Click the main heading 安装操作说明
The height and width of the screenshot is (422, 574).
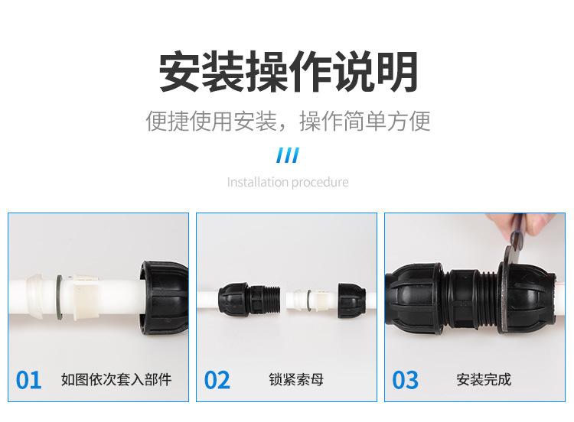click(288, 71)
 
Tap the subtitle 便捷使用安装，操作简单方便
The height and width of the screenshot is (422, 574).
click(288, 121)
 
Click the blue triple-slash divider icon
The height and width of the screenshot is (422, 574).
click(288, 155)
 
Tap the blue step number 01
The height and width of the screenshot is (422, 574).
click(28, 380)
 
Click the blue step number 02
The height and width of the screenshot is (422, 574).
click(217, 380)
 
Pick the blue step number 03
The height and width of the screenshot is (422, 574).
click(405, 380)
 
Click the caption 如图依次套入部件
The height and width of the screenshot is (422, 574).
click(116, 380)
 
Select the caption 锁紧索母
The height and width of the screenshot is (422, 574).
click(296, 380)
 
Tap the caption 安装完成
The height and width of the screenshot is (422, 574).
click(484, 380)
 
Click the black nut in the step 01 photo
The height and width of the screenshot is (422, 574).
click(164, 297)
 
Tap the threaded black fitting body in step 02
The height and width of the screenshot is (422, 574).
click(249, 300)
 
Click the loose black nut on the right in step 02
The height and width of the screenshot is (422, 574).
click(352, 300)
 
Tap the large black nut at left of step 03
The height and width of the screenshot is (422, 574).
click(416, 298)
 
